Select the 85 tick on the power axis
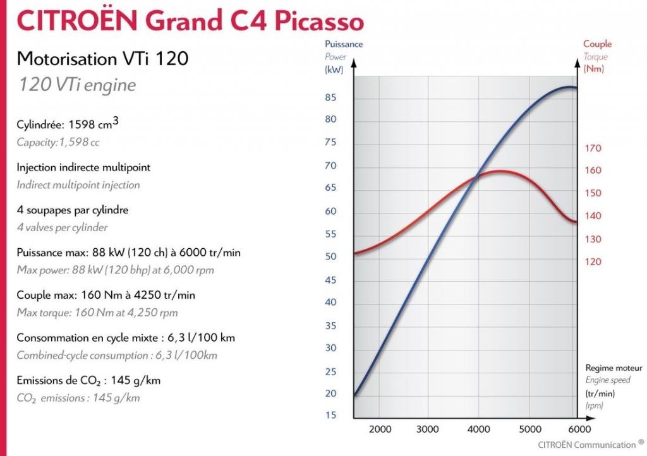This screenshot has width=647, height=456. (330, 97)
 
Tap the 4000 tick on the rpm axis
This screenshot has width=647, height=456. (476, 429)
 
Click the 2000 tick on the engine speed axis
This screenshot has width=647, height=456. (380, 429)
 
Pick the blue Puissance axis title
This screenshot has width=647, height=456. (344, 44)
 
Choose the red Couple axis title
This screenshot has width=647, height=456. (597, 44)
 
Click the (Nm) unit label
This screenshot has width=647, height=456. (594, 69)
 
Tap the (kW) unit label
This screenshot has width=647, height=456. (334, 70)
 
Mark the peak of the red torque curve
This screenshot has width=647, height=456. (499, 171)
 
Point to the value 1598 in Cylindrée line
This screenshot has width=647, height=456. (78, 125)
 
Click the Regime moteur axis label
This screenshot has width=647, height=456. (614, 368)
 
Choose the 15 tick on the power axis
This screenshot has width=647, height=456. (330, 415)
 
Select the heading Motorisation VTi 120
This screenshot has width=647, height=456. (102, 59)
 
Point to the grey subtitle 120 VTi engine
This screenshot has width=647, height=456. (76, 84)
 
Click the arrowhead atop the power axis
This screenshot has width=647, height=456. (354, 64)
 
